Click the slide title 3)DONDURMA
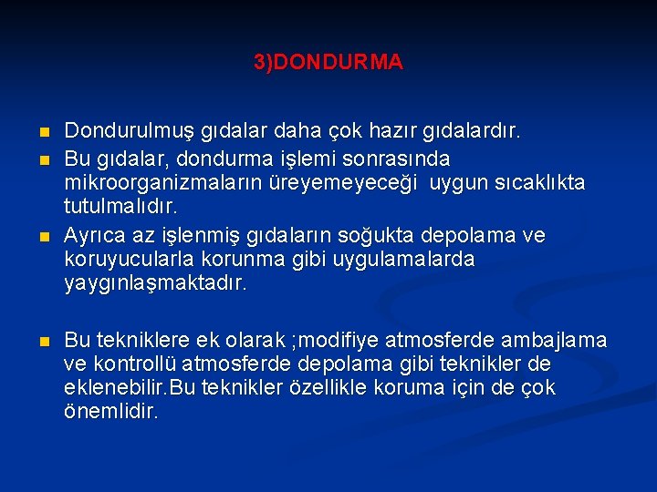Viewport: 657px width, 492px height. point(328,63)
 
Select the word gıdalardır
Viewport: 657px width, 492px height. point(472,132)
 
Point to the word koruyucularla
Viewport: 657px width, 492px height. point(121,259)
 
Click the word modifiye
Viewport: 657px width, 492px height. point(350,341)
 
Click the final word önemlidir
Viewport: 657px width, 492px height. point(111,412)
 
